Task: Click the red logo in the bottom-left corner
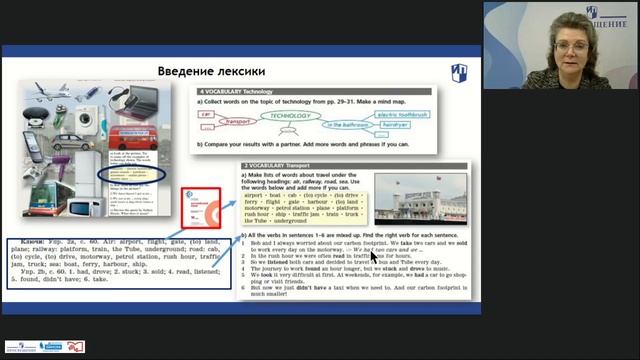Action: coord(75,346)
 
